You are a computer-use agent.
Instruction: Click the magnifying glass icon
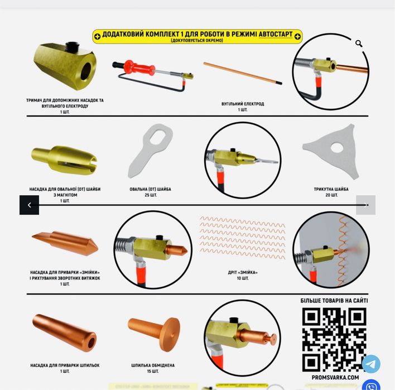(x=359, y=44)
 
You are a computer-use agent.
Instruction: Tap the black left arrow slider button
(x=29, y=205)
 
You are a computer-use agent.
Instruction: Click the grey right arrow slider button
(x=365, y=205)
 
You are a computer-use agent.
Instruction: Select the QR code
(x=334, y=339)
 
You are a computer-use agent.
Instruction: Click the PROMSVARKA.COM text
(x=335, y=377)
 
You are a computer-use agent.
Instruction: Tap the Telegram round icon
(x=371, y=364)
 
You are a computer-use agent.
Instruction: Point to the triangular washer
(x=331, y=151)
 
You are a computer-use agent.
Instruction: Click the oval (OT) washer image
(x=151, y=150)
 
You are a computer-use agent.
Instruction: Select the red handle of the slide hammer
(x=139, y=68)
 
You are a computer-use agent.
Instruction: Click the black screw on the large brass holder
(x=73, y=46)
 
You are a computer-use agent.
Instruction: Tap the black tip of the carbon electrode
(x=278, y=83)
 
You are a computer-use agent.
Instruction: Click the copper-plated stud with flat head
(x=154, y=333)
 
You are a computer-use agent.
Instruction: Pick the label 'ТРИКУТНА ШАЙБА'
(x=331, y=189)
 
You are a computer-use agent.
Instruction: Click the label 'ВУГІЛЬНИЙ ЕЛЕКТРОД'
(x=243, y=104)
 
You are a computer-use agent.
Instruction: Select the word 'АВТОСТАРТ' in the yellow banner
(x=276, y=34)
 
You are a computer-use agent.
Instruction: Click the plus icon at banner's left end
(x=97, y=36)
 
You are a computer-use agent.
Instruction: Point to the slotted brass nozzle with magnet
(x=64, y=159)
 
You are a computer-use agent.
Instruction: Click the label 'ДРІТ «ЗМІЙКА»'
(x=243, y=272)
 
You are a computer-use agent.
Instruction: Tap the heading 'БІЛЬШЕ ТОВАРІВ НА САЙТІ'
(x=334, y=301)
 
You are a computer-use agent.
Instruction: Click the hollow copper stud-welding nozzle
(x=64, y=333)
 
